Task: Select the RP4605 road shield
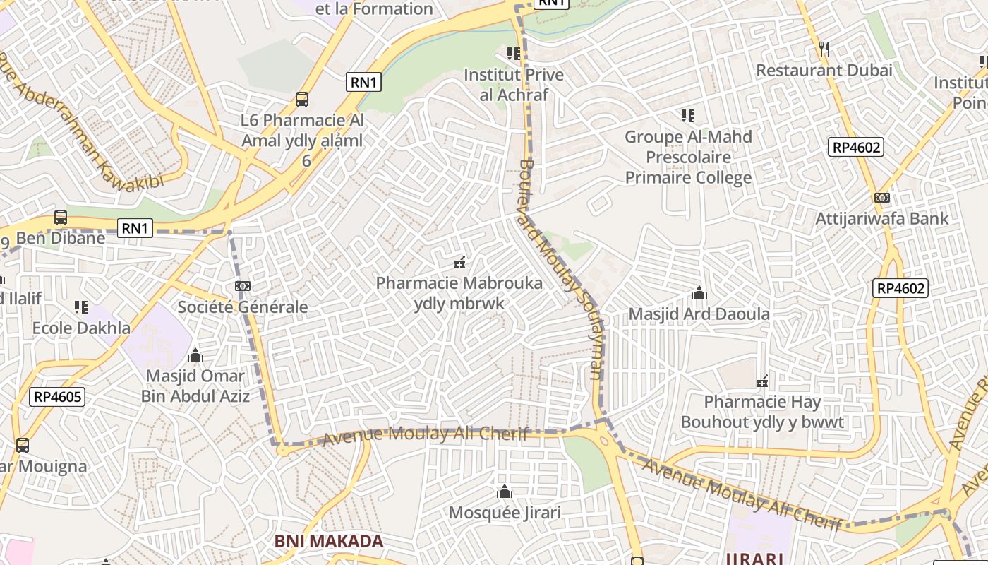(58, 397)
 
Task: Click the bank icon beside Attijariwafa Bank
(881, 198)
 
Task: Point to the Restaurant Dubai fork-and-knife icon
(824, 49)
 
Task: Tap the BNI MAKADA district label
(329, 542)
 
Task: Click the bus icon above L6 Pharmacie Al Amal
(302, 100)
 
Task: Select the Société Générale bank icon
(242, 286)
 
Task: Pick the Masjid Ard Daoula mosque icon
(699, 293)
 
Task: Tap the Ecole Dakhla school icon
(81, 307)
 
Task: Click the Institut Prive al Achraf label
(513, 85)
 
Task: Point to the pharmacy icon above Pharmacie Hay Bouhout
(762, 382)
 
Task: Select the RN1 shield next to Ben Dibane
(134, 228)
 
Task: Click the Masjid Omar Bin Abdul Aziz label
(195, 386)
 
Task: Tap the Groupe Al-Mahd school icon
(688, 115)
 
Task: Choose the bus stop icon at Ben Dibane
(61, 218)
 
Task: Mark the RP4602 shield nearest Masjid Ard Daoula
(900, 288)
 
